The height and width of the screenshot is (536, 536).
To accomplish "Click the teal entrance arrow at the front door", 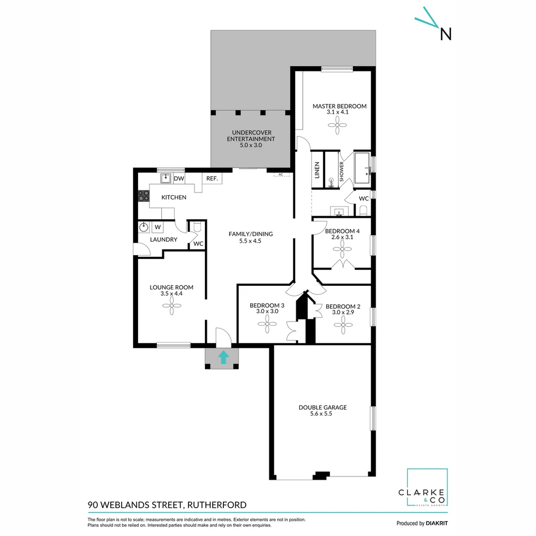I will [223, 357].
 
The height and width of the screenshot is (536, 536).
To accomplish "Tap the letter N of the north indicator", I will [446, 34].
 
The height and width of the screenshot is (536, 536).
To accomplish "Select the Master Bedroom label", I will [339, 106].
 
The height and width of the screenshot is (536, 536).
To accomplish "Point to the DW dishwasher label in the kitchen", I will [179, 179].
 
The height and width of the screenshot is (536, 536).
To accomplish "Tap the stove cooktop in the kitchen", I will [143, 196].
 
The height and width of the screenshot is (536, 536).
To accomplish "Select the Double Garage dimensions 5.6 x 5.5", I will [322, 413].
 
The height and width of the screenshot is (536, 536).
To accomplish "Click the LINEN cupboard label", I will [317, 170].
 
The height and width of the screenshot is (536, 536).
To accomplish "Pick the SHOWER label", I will [341, 170].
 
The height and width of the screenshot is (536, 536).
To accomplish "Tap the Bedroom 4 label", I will [342, 231].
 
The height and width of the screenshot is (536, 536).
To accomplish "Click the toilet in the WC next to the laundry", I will [197, 227].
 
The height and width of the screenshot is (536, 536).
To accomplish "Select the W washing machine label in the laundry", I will [158, 227].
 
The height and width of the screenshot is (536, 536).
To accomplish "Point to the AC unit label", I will [280, 175].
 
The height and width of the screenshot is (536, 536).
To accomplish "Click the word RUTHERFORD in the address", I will [216, 505].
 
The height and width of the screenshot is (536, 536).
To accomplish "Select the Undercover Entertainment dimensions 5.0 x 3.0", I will [251, 145].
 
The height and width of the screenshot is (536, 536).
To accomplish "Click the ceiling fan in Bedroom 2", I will [342, 326].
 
